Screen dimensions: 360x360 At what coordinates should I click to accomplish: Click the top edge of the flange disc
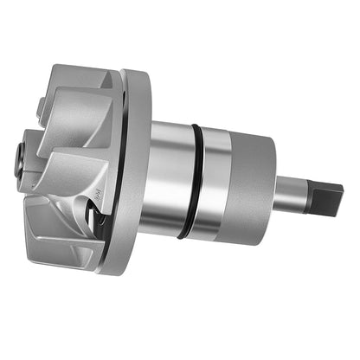(137, 73)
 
